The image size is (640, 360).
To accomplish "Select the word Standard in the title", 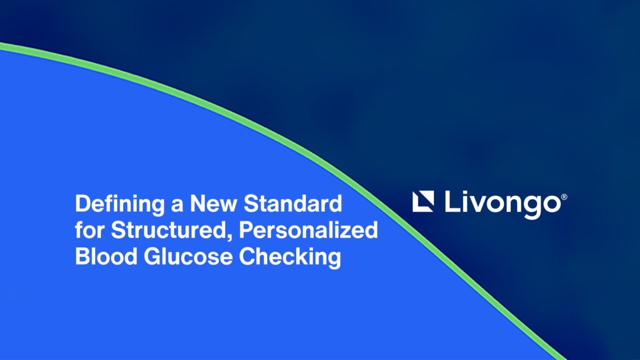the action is pos(293,203).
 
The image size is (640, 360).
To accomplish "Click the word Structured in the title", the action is pos(169,230).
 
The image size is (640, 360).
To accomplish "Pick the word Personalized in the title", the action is pos(308,230).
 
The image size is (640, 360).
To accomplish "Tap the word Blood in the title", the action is pos(106,256).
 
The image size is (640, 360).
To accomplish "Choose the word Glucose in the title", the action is pos(188,256).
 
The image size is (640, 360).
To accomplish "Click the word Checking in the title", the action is pos(290,258).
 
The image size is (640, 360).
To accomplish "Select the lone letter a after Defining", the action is pos(177,206).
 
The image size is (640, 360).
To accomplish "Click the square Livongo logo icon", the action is pos(423,202).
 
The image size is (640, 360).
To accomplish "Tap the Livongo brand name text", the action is pos(503,203).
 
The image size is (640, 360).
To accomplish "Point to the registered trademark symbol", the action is pos(564,197).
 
